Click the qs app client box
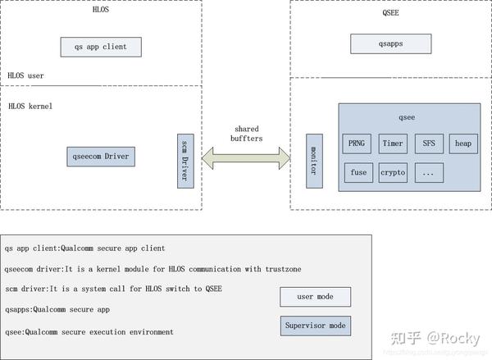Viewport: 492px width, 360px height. [100, 46]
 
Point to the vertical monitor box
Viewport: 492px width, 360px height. [312, 159]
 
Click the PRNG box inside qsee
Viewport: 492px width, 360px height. [357, 144]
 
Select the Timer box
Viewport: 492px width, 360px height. [394, 144]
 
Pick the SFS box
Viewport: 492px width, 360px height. [429, 144]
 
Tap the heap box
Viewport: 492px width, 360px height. [463, 144]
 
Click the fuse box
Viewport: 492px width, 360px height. [358, 173]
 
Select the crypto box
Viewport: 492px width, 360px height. [394, 173]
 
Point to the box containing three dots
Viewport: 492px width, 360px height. [429, 173]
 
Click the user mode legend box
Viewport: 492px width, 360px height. [316, 297]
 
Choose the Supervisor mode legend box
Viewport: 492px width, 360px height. [316, 326]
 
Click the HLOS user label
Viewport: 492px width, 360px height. [25, 75]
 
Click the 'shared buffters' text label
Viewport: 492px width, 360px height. [247, 134]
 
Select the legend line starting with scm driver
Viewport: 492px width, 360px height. [113, 289]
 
